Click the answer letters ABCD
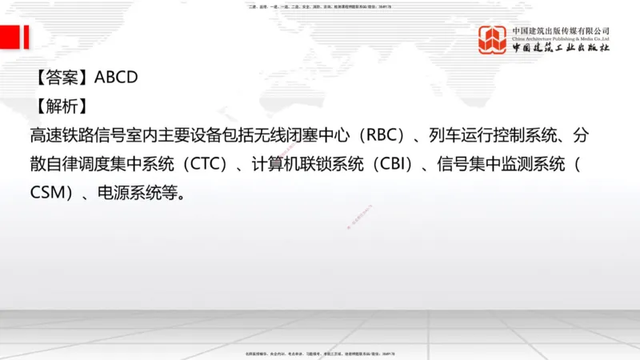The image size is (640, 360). click(x=117, y=78)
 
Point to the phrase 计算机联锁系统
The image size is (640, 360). click(x=305, y=166)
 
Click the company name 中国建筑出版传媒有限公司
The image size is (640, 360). click(x=562, y=30)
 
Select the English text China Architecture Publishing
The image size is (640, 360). click(x=562, y=38)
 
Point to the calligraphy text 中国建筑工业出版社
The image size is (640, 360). click(x=562, y=48)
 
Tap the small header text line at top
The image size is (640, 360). click(x=320, y=6)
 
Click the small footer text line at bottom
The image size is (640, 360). click(x=320, y=354)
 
